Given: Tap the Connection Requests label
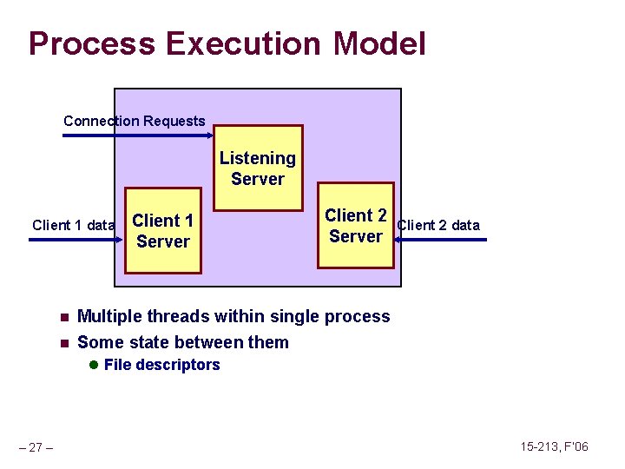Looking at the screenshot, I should click(135, 121).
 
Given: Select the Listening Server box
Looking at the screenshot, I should click(258, 168).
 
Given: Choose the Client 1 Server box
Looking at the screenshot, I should click(163, 231).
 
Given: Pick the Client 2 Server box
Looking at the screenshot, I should click(356, 226).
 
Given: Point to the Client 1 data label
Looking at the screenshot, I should click(73, 225).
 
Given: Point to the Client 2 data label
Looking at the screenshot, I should click(438, 225).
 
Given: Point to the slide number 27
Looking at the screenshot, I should click(36, 447).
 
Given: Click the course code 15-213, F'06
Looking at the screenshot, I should click(554, 446).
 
